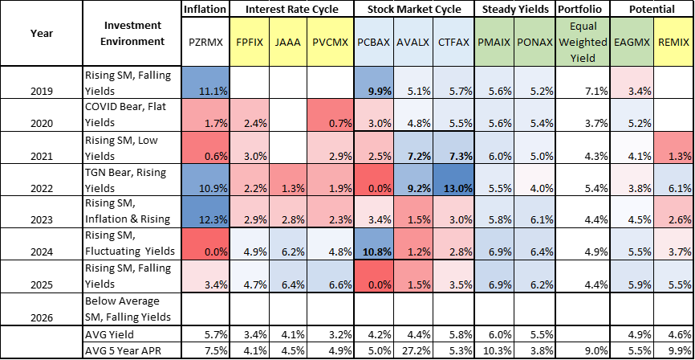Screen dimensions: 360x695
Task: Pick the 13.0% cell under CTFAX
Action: [453, 188]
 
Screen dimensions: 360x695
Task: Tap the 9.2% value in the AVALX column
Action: [413, 188]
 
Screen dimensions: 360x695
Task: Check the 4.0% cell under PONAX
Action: [534, 188]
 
